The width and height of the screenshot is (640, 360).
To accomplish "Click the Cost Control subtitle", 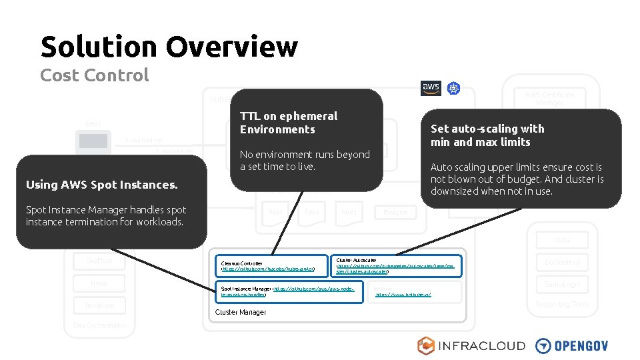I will tap(94, 75).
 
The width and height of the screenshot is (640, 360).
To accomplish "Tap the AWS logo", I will tap(431, 88).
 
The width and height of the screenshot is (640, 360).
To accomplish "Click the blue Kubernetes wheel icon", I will tap(453, 89).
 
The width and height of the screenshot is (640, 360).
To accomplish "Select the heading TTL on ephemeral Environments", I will tap(289, 123).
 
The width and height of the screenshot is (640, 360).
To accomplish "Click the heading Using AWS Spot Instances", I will tap(101, 185).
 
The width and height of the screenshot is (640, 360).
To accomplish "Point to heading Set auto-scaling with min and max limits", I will tap(487, 135).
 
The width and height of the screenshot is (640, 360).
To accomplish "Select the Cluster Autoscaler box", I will tap(396, 265).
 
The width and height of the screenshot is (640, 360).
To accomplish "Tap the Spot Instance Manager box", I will tap(287, 291).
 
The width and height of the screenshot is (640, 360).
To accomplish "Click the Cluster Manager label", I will tap(240, 312).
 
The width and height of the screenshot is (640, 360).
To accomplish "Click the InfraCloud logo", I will tap(471, 345).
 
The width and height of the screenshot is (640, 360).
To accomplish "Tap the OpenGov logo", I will tap(572, 345).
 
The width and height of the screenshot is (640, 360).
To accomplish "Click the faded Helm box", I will tap(99, 284).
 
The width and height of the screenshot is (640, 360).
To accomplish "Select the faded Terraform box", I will tap(99, 305).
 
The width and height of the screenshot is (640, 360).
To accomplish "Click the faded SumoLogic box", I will tap(561, 284).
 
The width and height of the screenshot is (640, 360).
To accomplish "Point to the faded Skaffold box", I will tap(99, 262).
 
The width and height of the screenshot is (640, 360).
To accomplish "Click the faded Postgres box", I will tap(395, 213).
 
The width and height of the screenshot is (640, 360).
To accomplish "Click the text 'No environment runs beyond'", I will tap(305, 154).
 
